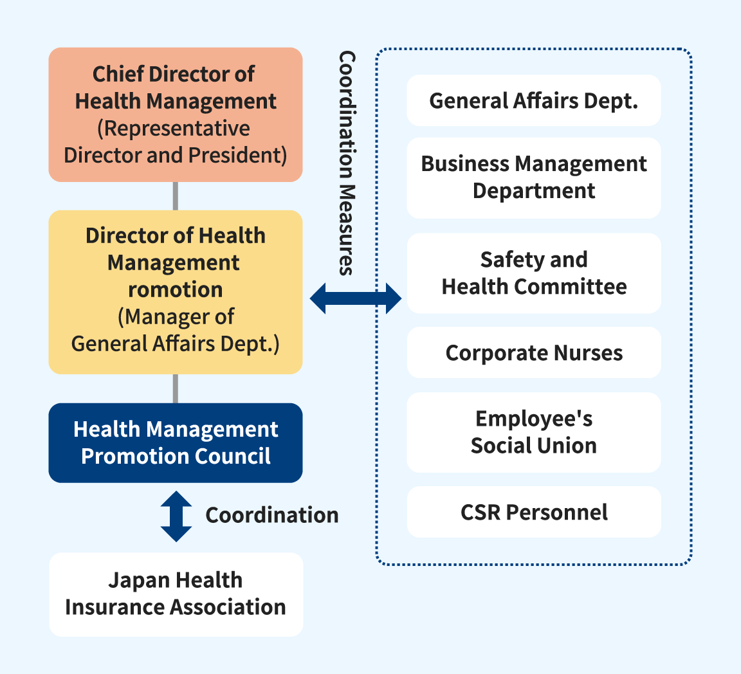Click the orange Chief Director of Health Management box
(176, 114)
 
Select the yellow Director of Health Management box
(176, 292)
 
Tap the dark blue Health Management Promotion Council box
(176, 443)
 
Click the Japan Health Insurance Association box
(176, 595)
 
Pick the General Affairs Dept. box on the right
(533, 100)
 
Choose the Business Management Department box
(533, 178)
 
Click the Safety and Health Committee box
(534, 273)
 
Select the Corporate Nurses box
(534, 352)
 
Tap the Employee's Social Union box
(533, 432)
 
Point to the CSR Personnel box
(534, 512)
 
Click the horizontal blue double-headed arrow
(355, 298)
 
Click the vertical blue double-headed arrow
(176, 516)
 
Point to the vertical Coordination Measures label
(347, 163)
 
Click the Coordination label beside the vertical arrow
(272, 515)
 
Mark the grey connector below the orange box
(176, 196)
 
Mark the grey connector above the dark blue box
(176, 388)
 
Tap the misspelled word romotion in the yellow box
(176, 290)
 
